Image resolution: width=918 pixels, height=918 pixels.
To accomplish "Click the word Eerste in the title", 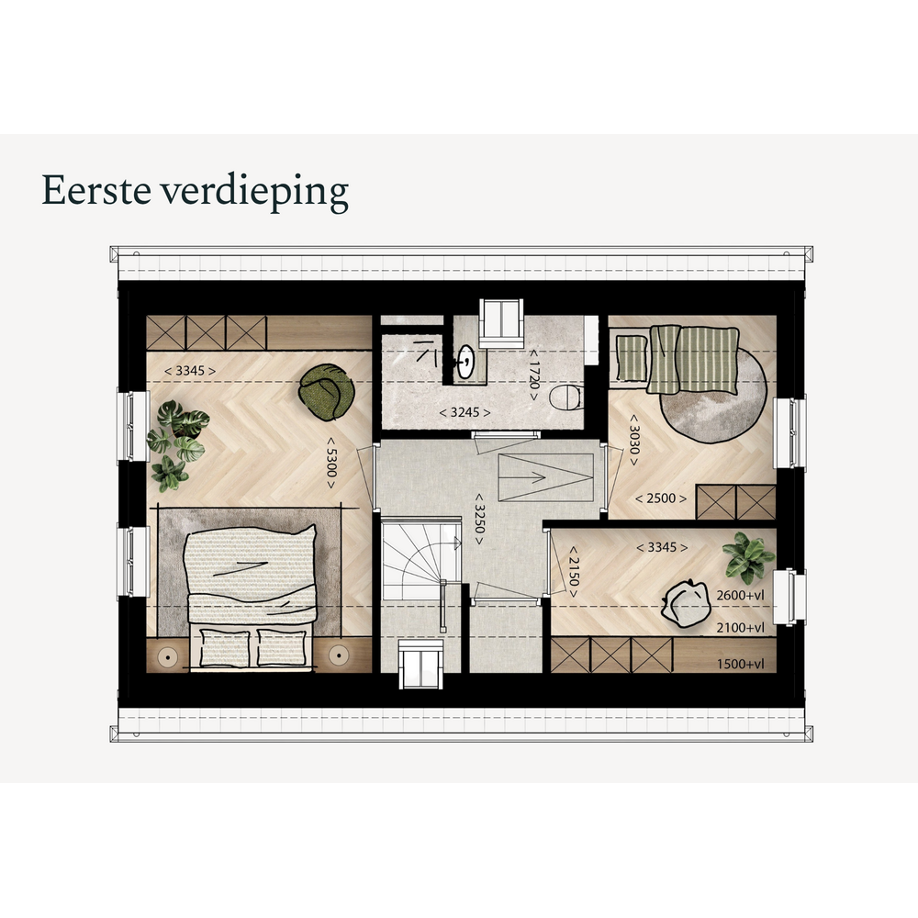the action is tap(96, 190).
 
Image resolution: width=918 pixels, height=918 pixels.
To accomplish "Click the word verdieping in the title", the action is tap(254, 192).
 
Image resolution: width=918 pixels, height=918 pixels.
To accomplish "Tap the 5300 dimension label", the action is tap(330, 463).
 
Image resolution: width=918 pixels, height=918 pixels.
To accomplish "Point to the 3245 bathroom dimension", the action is tap(465, 412).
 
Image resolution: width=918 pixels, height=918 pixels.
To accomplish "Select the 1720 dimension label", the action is tap(533, 375).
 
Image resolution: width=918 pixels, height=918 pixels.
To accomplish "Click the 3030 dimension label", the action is tap(633, 441).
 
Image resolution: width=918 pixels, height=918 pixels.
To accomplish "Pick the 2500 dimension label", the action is tap(661, 498).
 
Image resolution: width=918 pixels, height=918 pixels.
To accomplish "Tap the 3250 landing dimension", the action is tap(479, 518).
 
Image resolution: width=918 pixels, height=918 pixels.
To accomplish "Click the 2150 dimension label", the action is tap(573, 572).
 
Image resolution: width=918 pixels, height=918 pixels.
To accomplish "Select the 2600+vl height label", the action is tap(740, 596).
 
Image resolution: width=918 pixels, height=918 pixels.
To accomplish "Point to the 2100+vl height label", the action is tap(740, 628).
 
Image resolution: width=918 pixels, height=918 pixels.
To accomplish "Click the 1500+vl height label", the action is tap(740, 664).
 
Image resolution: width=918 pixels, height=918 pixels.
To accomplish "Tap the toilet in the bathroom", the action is tap(565, 397).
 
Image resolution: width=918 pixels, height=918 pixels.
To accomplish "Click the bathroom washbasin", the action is tap(465, 362).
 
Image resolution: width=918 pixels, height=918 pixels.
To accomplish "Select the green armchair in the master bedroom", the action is tap(326, 392).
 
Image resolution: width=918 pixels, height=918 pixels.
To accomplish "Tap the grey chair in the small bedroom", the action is tap(686, 604).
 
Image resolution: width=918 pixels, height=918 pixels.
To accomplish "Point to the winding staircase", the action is tap(421, 561).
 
